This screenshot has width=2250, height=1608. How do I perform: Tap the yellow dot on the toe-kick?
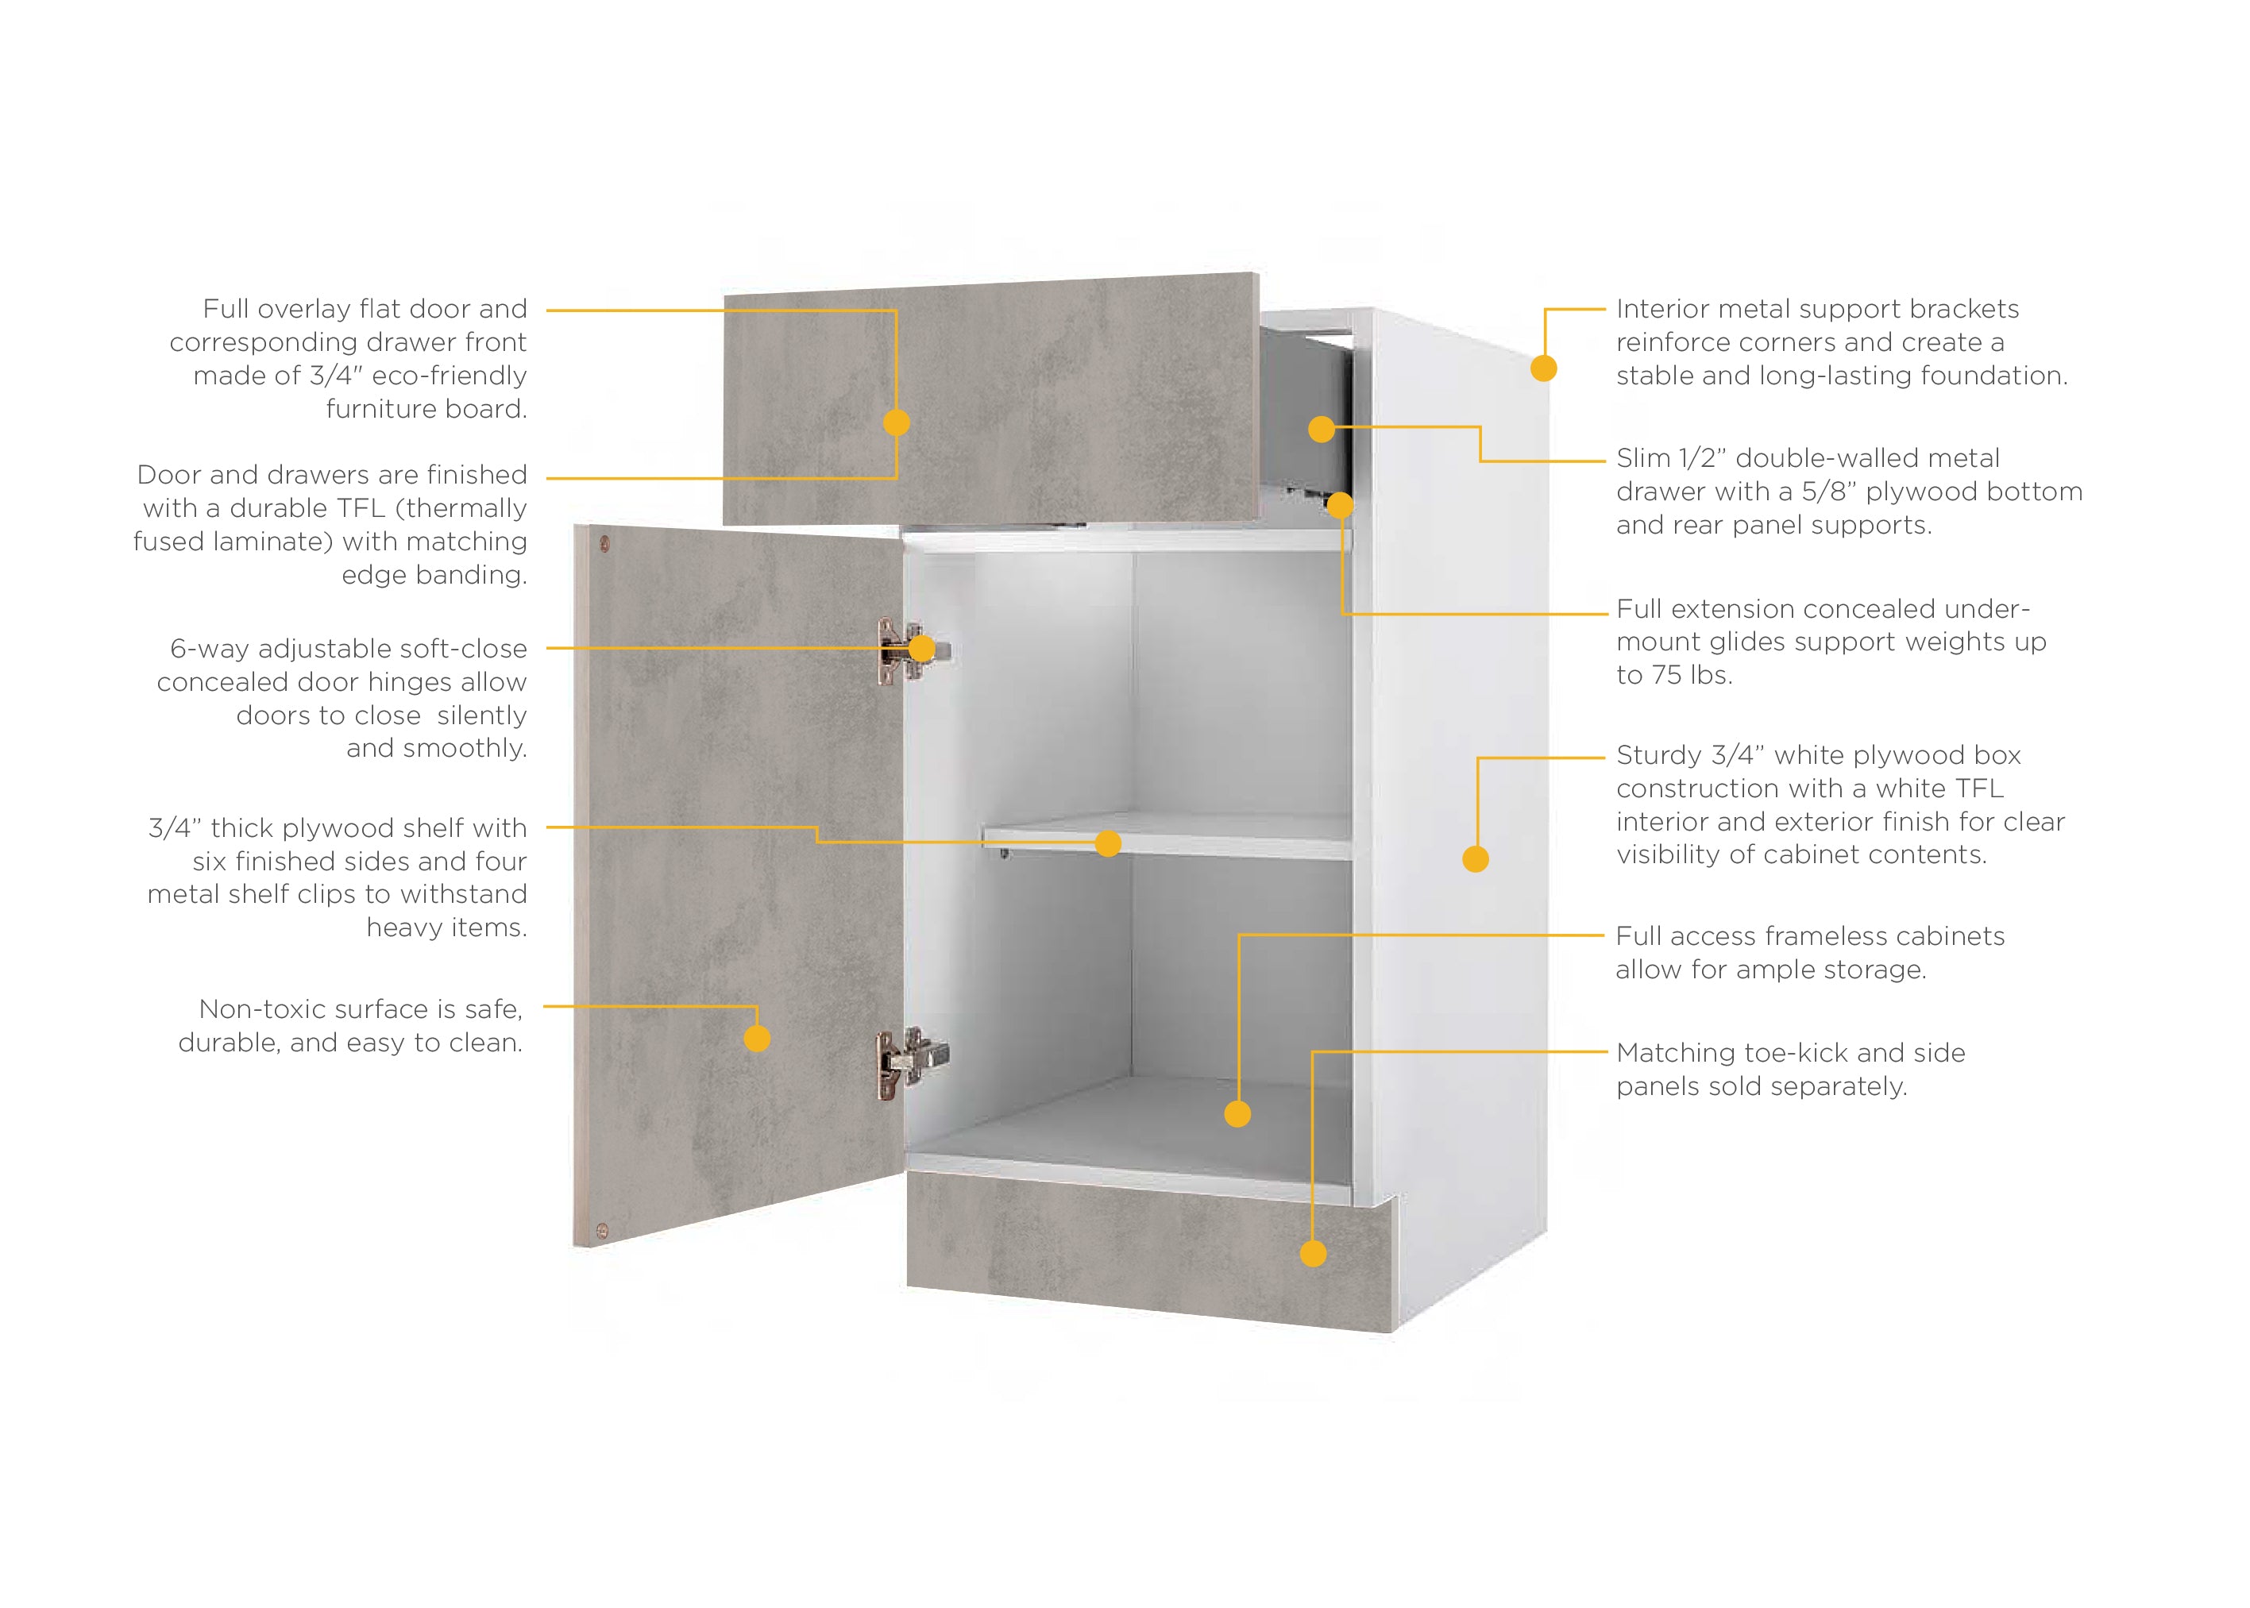tap(1313, 1254)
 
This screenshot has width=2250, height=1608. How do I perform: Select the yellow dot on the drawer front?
tap(896, 422)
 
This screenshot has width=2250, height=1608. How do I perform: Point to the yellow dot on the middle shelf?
tap(1108, 843)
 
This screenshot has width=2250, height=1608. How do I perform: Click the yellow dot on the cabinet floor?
tap(1238, 1114)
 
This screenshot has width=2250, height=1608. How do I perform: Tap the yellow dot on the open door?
tap(757, 1038)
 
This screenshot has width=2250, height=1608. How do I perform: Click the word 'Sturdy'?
tap(1659, 755)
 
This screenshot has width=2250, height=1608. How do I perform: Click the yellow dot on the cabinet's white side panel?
tap(1476, 858)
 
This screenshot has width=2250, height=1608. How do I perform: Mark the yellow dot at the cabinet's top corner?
tap(1544, 368)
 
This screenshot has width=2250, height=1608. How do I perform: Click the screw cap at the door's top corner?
tap(604, 544)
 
